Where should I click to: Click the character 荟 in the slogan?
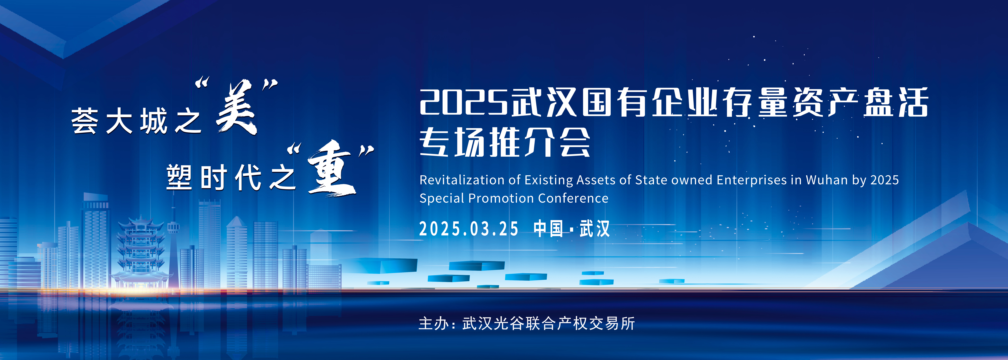pyautogui.click(x=84, y=121)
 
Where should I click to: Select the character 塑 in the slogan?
pyautogui.click(x=179, y=177)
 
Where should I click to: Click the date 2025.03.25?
pyautogui.click(x=469, y=229)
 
